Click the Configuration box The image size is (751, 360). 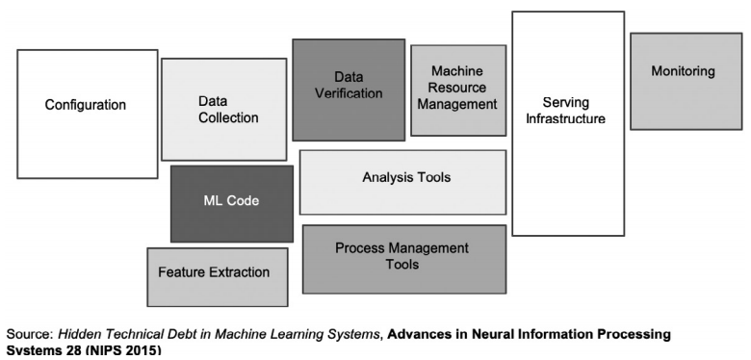[87, 114]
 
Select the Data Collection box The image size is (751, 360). [223, 109]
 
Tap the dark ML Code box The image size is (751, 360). [231, 202]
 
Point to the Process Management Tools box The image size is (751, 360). [403, 258]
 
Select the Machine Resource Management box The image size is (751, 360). [457, 90]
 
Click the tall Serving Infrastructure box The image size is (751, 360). [567, 123]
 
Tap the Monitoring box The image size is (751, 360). [685, 81]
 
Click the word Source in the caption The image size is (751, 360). [28, 333]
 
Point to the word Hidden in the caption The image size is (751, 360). [84, 333]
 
